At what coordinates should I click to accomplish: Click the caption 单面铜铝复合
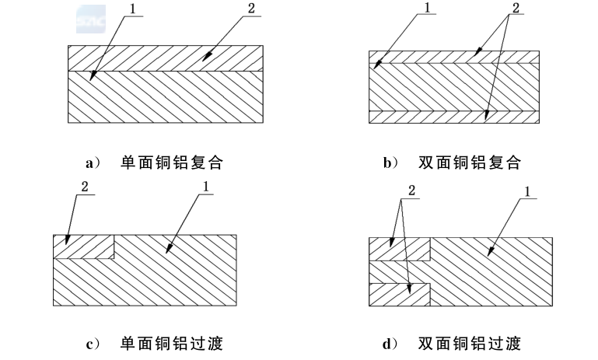(173, 163)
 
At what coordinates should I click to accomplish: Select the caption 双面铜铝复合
(469, 163)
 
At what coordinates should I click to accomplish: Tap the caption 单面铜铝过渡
(173, 343)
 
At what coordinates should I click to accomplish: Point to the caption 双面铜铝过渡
(469, 343)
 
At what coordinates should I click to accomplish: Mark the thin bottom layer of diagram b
(453, 116)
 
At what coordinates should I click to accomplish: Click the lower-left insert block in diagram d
(398, 294)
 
